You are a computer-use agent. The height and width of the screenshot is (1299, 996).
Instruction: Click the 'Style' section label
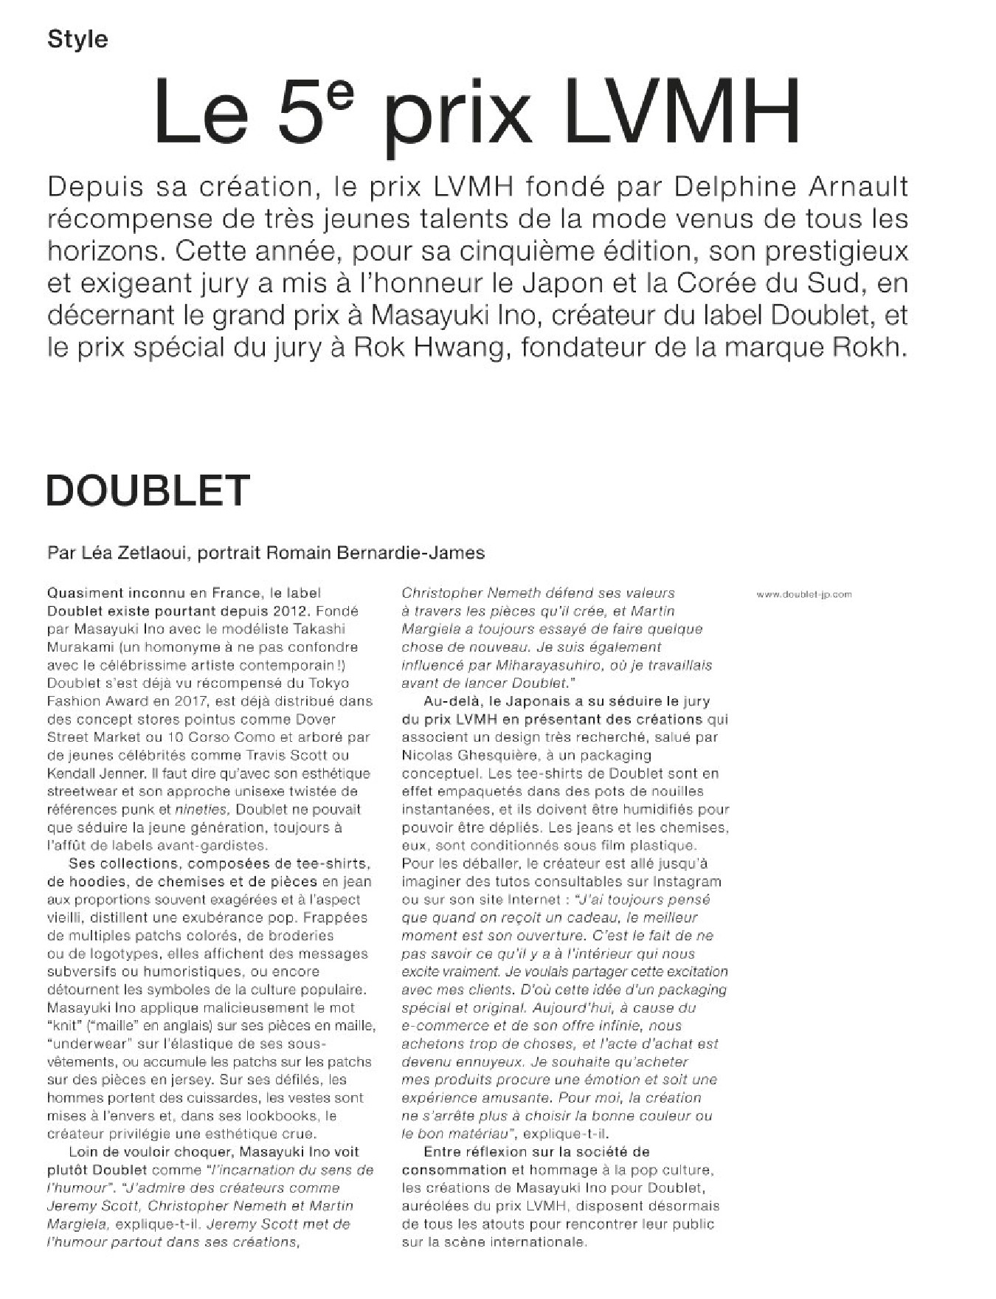point(77,39)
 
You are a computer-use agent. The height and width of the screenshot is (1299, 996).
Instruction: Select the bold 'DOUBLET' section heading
point(148,491)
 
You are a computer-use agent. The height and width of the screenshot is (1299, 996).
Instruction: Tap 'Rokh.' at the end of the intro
point(874,348)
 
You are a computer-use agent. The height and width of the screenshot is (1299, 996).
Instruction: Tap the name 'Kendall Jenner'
point(96,773)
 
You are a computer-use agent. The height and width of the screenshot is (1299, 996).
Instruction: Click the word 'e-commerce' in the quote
point(443,1025)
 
